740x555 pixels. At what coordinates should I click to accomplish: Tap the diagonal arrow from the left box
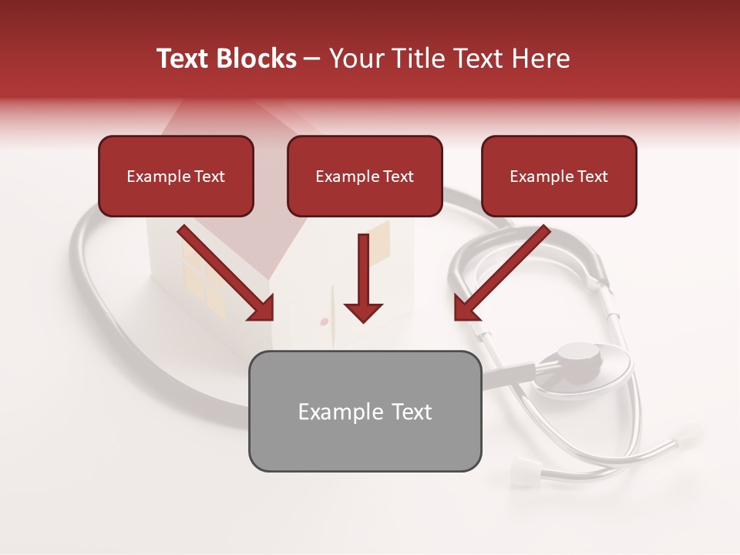pos(227,274)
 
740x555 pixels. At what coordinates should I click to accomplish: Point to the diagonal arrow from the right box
pos(501,274)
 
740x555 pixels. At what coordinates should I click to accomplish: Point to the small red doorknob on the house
pos(324,321)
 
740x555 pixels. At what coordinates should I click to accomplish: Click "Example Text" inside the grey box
pos(365,412)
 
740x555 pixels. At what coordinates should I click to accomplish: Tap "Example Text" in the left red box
pos(176,177)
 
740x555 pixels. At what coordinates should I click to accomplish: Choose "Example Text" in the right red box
pos(559,177)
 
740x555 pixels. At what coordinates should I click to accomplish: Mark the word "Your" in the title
pos(355,59)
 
